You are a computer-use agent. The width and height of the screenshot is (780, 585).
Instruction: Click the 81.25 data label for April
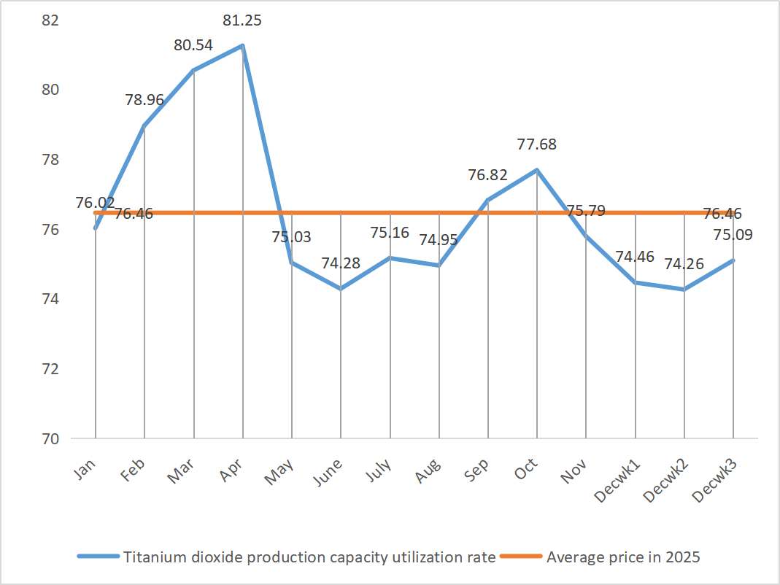click(x=242, y=21)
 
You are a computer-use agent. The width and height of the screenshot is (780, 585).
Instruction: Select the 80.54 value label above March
click(x=193, y=45)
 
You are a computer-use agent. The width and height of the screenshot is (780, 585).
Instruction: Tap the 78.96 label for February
click(x=144, y=101)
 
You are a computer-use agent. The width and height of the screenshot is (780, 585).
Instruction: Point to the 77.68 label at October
click(x=537, y=144)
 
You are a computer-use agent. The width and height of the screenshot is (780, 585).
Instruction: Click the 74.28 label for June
click(x=341, y=263)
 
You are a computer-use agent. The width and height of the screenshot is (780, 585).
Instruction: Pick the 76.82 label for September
click(x=487, y=175)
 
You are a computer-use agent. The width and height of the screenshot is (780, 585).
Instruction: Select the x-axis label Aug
click(x=429, y=469)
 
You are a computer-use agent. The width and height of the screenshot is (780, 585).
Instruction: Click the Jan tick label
click(x=86, y=468)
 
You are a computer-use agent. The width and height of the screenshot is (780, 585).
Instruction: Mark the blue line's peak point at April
click(x=242, y=45)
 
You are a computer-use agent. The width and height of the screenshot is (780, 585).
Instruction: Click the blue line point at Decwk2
click(x=684, y=290)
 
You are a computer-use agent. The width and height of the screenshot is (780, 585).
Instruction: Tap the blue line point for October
click(x=537, y=170)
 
